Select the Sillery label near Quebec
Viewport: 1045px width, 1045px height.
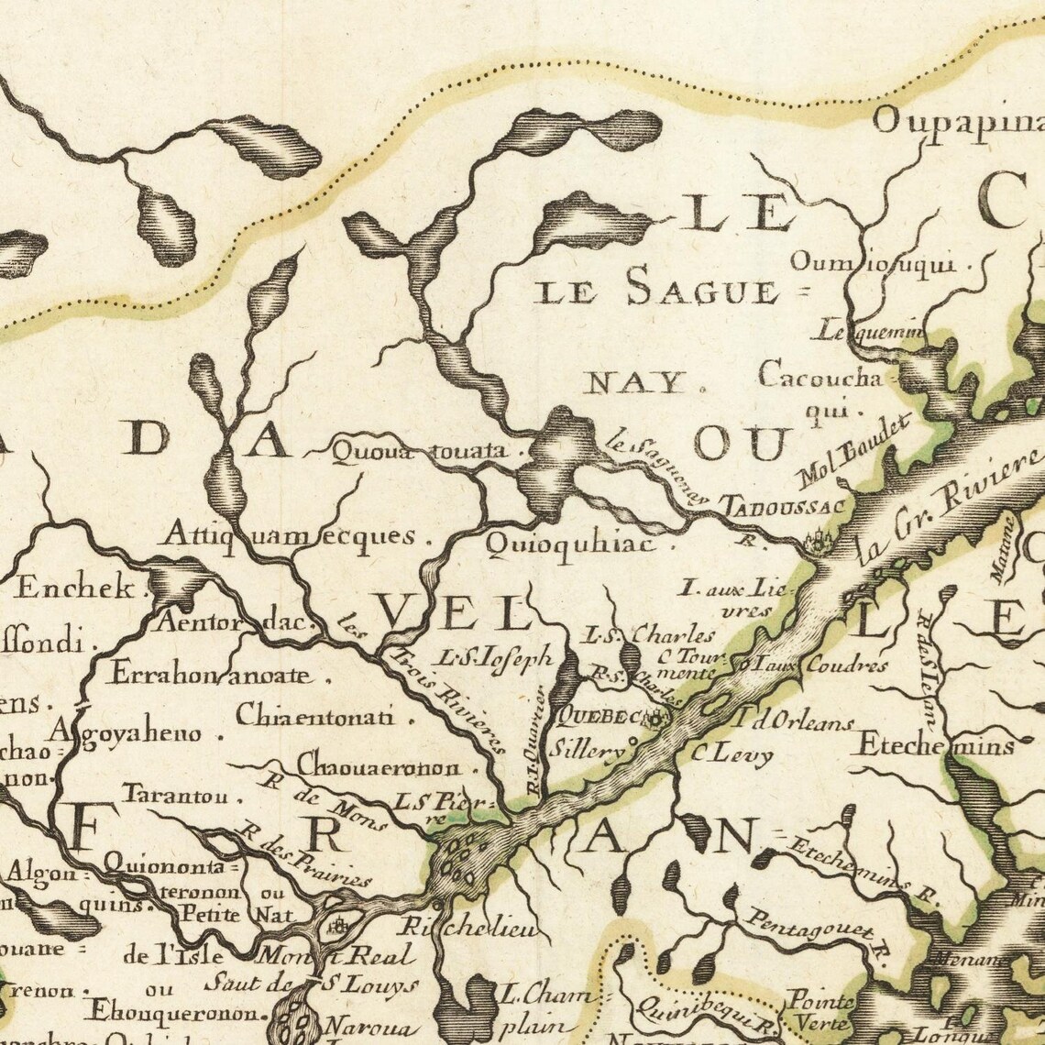pos(587,750)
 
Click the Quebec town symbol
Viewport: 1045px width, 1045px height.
pos(654,719)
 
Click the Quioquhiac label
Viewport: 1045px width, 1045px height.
pos(570,544)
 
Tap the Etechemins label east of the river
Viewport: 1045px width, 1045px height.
pos(935,745)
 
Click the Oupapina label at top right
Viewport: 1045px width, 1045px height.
pos(957,121)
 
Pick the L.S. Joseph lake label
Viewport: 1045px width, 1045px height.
pos(495,656)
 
